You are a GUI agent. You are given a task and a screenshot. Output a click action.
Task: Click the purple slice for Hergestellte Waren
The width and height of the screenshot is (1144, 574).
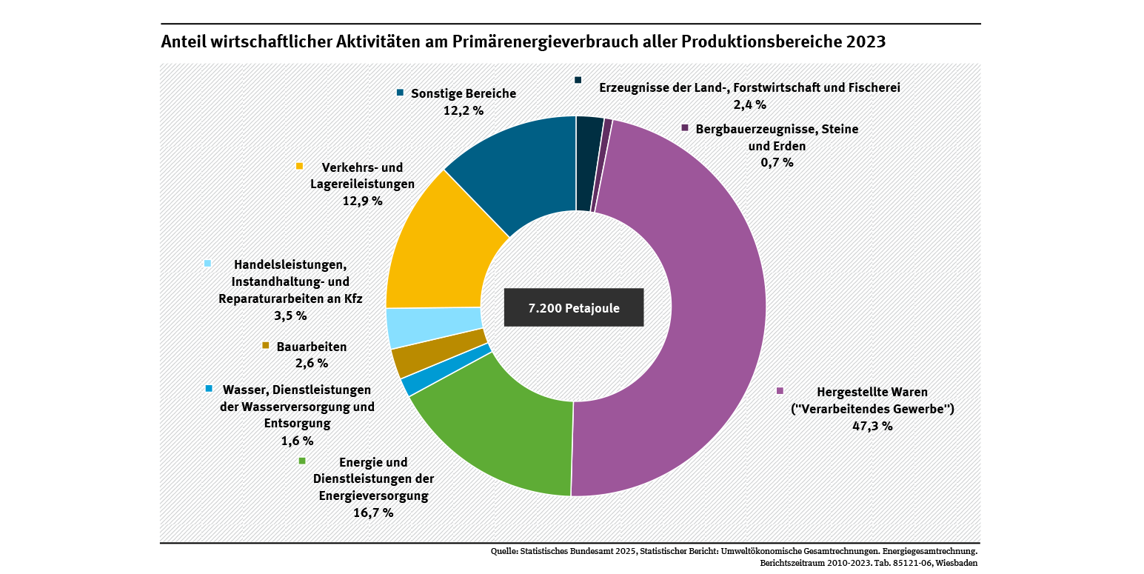coord(711,311)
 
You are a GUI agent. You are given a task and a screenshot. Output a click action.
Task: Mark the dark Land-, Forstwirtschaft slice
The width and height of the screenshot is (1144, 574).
coord(588,163)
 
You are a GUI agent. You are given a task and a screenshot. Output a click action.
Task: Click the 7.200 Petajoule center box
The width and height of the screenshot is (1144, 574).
coord(574,307)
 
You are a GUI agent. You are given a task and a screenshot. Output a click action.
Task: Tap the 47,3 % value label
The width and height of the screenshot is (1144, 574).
coord(872,426)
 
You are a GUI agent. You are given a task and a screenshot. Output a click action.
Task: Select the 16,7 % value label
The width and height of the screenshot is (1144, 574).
coord(372,513)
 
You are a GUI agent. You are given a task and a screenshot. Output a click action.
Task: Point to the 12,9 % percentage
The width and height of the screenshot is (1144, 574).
coord(362,201)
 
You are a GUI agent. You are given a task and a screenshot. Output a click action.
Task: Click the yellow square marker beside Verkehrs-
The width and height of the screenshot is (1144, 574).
coord(300,165)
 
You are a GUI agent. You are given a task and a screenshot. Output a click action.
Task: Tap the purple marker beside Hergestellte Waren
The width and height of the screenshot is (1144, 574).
coord(780,390)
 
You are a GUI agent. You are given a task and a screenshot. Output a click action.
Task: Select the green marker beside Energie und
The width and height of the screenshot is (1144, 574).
coord(302,461)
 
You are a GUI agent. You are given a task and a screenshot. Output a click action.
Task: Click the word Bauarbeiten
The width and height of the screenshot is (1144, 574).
coord(312,347)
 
